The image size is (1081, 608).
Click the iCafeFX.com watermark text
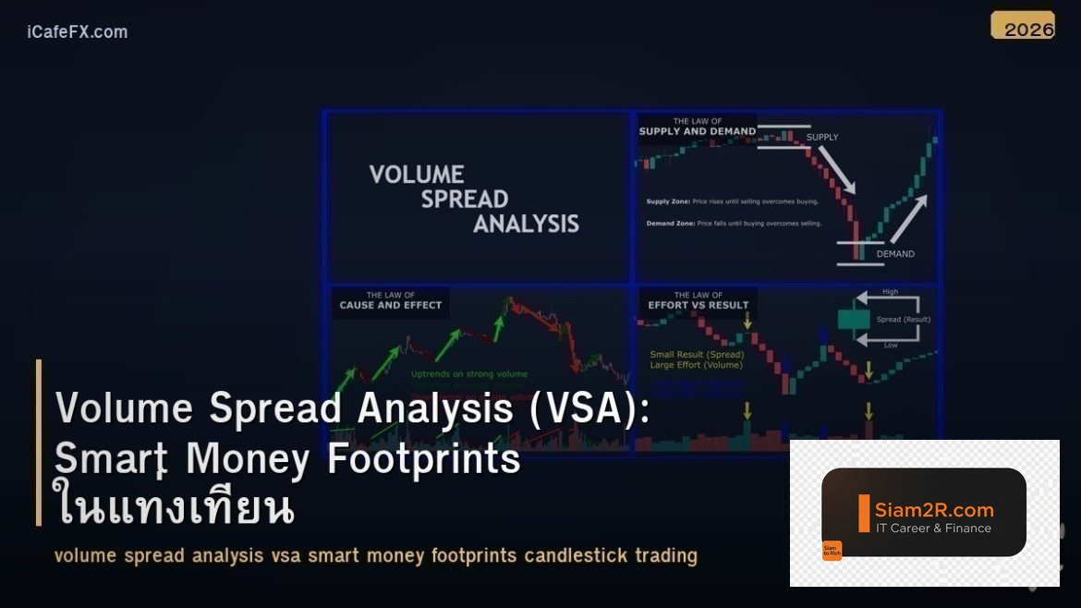78,32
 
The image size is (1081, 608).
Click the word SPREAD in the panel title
465,199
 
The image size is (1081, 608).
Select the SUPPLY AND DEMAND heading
698,131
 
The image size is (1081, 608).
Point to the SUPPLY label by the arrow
822,138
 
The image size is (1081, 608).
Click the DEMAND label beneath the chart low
894,254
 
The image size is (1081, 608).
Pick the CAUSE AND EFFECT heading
391,305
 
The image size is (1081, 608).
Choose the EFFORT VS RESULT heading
698,305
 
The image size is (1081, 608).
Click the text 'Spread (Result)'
903,320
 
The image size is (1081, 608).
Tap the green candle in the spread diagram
855,320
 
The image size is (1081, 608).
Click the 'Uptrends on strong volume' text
469,374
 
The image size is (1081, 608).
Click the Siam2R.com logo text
934,509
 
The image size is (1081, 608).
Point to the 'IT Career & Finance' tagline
933,529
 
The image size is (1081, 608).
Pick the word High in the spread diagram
890,292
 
